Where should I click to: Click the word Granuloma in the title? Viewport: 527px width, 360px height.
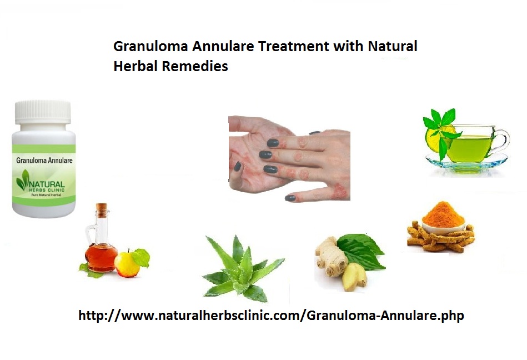click(x=150, y=47)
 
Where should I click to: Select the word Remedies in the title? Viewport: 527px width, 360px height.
click(x=194, y=66)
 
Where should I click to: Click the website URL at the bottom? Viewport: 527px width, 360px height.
click(x=271, y=316)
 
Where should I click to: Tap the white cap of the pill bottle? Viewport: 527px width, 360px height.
click(x=43, y=112)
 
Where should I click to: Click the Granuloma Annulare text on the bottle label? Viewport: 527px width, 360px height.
click(x=44, y=161)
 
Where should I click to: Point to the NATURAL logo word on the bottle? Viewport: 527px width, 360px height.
click(x=47, y=184)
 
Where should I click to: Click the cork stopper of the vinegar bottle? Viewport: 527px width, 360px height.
click(x=101, y=208)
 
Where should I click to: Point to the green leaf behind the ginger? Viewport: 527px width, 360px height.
click(x=362, y=251)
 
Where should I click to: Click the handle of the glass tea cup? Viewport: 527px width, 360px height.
click(x=502, y=141)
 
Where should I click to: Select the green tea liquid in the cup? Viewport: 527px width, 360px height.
click(x=469, y=148)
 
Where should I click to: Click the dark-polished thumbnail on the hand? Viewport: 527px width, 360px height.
click(x=238, y=166)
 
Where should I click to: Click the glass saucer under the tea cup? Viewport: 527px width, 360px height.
click(x=466, y=164)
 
